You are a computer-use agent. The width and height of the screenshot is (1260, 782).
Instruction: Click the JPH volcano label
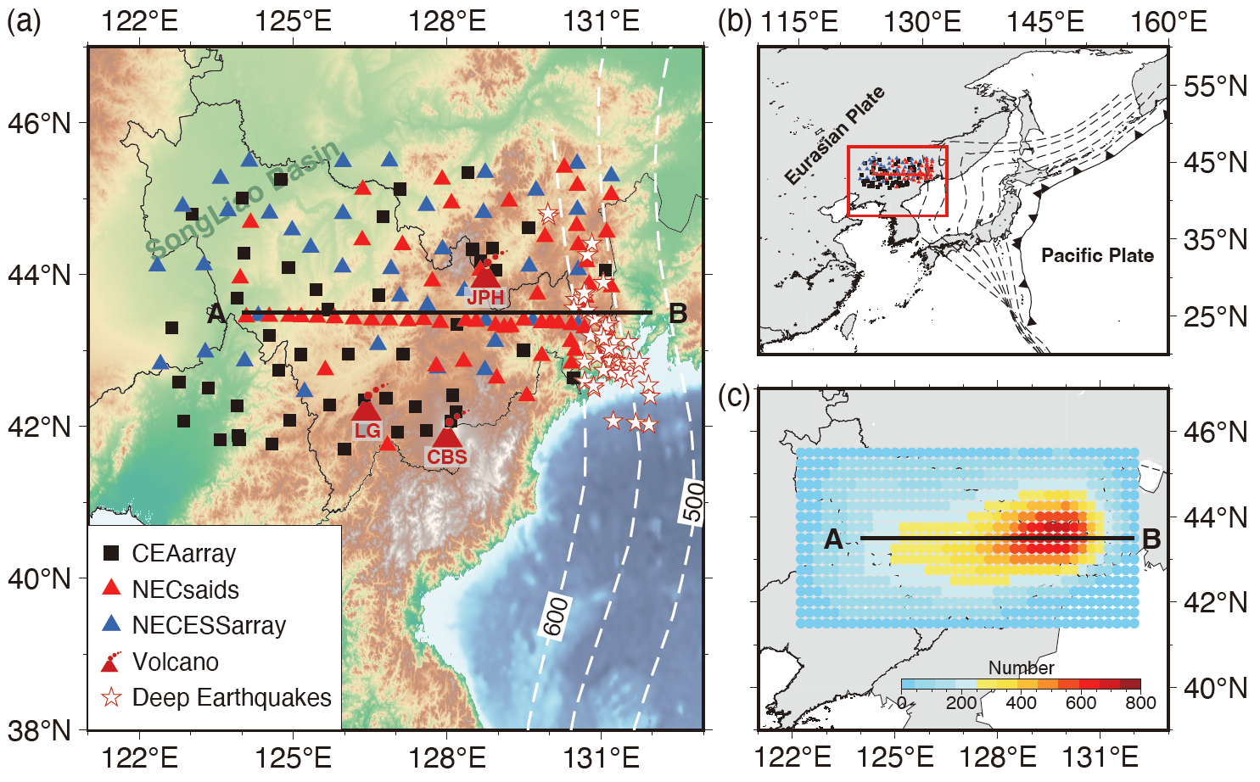(485, 298)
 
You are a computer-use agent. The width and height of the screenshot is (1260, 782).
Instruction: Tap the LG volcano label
(367, 431)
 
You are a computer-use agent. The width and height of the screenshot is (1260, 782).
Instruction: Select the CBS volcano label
(447, 457)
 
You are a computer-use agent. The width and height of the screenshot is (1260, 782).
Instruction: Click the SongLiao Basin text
(244, 198)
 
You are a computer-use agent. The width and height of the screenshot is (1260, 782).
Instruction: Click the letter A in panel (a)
(216, 315)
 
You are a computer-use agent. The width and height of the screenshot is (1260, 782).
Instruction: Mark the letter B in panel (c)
(1151, 539)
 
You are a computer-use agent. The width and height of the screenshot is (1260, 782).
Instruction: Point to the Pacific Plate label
(1097, 255)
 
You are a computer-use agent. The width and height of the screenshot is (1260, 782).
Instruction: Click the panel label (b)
(735, 21)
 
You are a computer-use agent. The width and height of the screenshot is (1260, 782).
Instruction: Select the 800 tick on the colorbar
(1140, 702)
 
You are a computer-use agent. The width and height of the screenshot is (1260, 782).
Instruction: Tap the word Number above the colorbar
(1021, 668)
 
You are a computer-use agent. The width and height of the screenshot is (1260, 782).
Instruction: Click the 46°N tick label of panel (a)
(40, 124)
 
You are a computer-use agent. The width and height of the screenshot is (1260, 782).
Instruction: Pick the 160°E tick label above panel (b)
(1168, 21)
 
